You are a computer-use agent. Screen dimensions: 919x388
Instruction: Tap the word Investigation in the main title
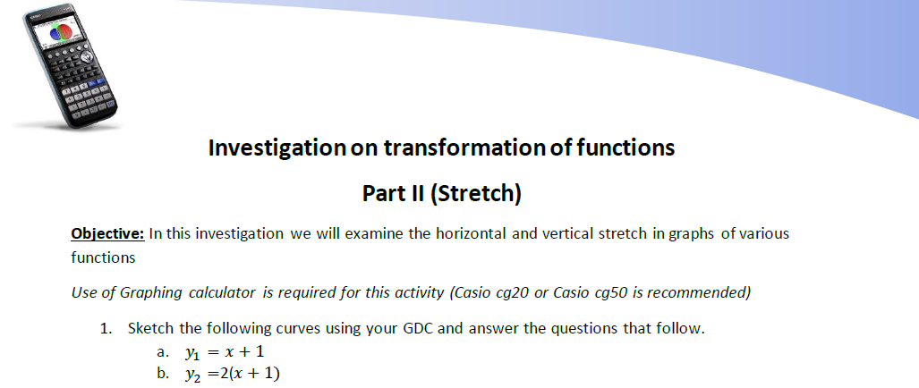tap(277, 148)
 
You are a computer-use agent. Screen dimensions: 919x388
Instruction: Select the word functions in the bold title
tap(626, 148)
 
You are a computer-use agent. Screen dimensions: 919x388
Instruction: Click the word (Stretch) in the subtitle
tap(476, 193)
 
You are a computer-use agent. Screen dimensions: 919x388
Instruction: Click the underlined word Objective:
tap(107, 234)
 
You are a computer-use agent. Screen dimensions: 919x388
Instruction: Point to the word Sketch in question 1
tap(150, 328)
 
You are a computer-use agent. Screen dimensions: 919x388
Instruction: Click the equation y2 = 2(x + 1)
tap(232, 374)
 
